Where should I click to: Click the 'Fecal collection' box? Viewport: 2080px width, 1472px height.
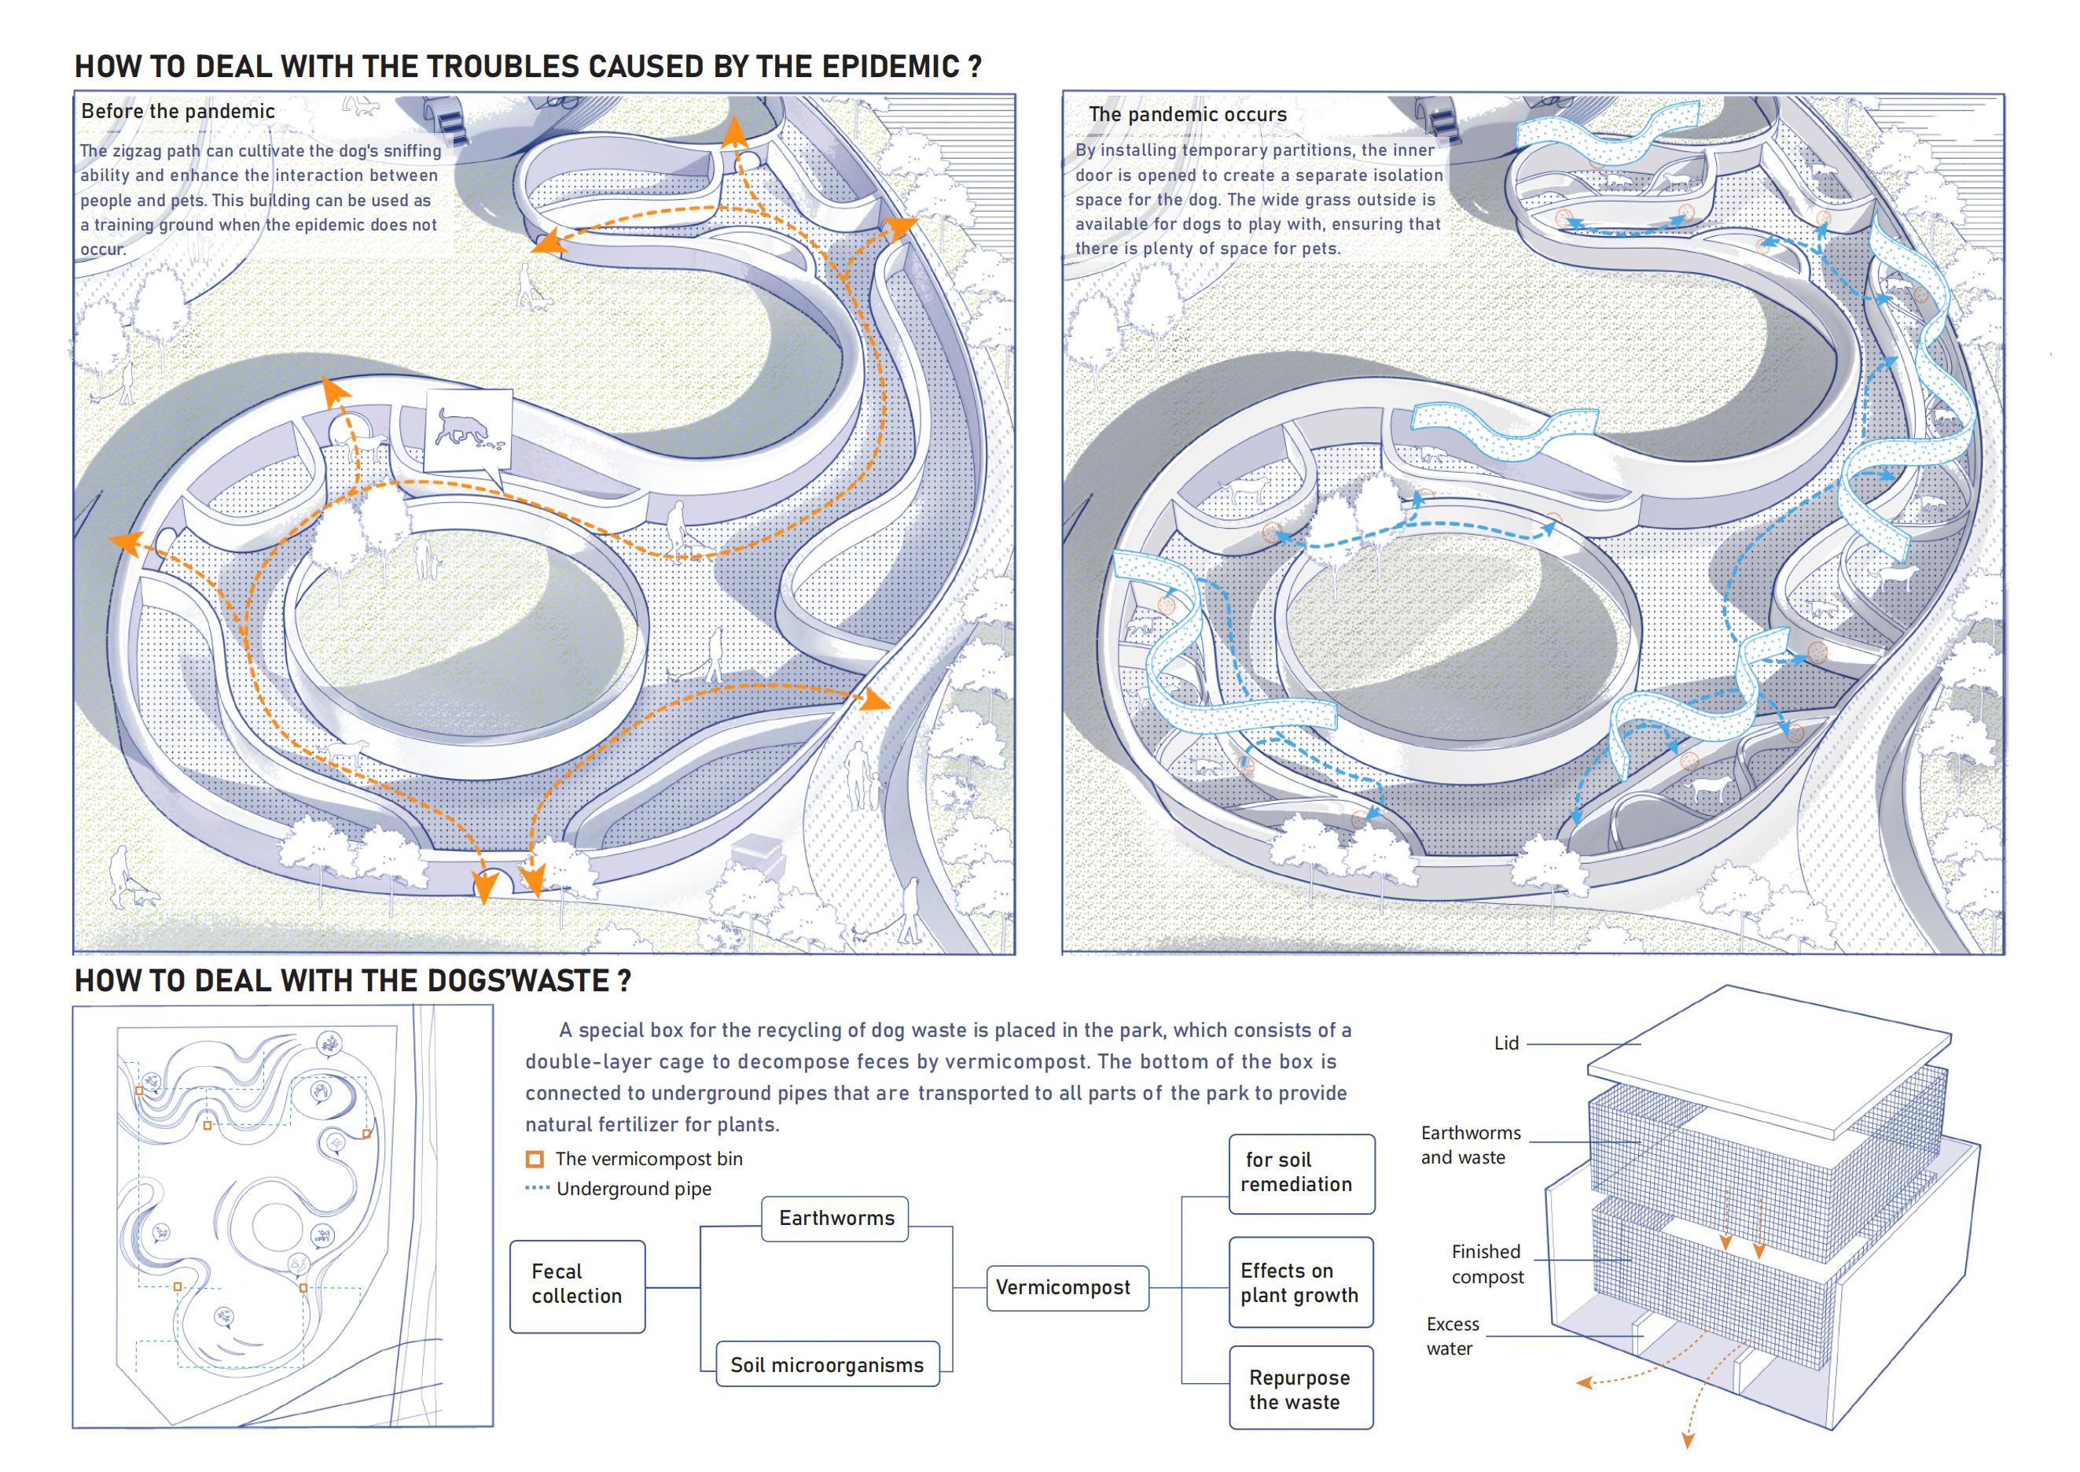point(577,1285)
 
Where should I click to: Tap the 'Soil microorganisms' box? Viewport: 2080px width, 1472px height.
point(826,1365)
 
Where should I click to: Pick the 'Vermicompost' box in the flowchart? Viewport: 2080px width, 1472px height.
point(1063,1288)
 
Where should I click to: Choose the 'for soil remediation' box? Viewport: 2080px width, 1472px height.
point(1300,1172)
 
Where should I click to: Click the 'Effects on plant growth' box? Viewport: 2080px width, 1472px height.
point(1300,1282)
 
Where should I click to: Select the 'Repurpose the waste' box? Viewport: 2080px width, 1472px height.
point(1300,1389)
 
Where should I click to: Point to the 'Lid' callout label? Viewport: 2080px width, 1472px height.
point(1505,1043)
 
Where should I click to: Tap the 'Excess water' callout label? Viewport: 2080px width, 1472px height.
point(1452,1336)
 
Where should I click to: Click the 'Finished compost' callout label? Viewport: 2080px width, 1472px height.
point(1487,1264)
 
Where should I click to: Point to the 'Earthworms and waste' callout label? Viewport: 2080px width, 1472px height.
point(1469,1145)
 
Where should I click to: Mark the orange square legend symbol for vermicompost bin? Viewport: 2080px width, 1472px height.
point(535,1160)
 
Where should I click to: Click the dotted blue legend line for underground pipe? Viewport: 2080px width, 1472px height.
point(537,1188)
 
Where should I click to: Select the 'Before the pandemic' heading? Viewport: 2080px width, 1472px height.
point(178,112)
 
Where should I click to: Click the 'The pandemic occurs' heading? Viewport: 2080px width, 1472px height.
point(1187,114)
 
